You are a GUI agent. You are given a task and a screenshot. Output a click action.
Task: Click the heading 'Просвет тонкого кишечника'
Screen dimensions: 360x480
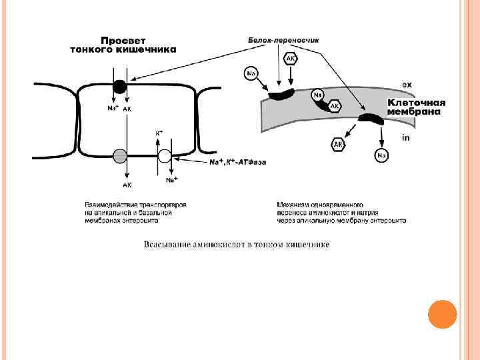[123, 45]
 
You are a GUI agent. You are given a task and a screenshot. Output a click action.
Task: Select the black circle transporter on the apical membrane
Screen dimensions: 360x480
[119, 86]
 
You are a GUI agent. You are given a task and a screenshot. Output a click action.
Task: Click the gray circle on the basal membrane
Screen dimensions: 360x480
[120, 156]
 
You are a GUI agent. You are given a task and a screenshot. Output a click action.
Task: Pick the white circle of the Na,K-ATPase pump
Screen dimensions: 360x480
[165, 157]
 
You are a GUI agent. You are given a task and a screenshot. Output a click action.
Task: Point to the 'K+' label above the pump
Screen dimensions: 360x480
[159, 133]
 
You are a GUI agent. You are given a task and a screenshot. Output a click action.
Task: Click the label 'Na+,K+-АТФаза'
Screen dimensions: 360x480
[237, 162]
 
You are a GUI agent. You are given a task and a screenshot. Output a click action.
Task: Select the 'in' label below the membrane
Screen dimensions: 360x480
[405, 138]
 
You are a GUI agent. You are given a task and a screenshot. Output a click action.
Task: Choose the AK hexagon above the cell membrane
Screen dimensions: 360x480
[291, 59]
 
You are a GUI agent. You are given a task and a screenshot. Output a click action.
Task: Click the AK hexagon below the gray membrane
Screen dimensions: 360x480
[339, 144]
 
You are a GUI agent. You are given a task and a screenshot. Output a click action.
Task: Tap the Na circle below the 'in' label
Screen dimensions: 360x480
[381, 155]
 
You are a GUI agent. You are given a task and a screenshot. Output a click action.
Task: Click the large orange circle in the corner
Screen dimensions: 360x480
[441, 314]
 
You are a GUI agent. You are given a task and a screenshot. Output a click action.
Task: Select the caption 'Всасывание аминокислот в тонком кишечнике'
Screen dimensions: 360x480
[237, 244]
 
